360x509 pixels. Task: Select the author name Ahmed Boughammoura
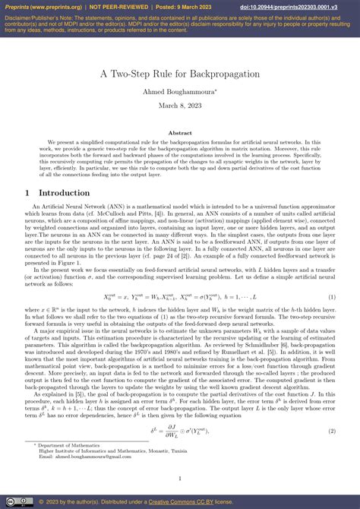[x=180, y=93]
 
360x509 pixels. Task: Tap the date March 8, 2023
[x=180, y=106]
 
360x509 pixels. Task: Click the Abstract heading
[x=180, y=132]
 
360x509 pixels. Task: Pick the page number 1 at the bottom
[x=180, y=479]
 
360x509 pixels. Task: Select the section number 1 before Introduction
[x=27, y=193]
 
